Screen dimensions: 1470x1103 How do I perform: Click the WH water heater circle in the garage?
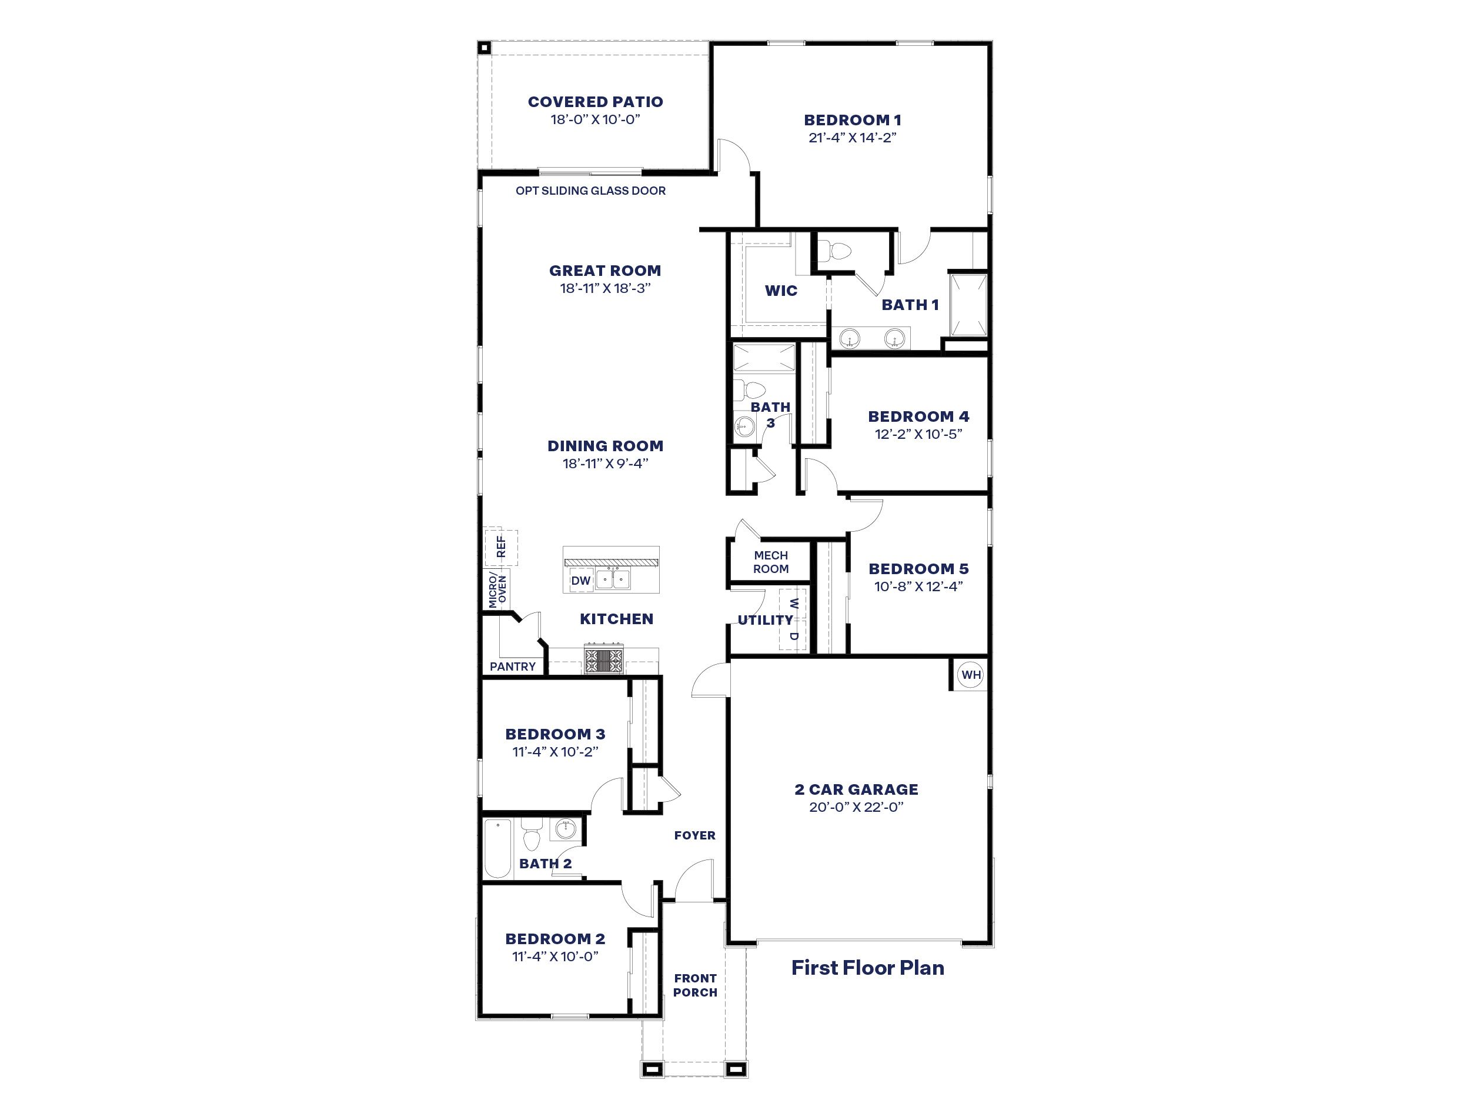click(x=971, y=675)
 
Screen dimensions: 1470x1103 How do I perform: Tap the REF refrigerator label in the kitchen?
click(x=501, y=547)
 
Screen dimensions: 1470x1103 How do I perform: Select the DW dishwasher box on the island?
click(x=581, y=581)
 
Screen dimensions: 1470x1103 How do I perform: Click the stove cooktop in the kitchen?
click(x=604, y=661)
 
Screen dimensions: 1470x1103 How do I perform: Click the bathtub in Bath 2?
click(x=498, y=848)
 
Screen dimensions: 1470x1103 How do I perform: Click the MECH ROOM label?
click(x=771, y=562)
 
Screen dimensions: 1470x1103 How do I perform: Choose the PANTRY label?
click(x=512, y=666)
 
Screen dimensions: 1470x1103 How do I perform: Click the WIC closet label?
click(x=781, y=291)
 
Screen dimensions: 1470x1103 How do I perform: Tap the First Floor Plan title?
click(x=867, y=967)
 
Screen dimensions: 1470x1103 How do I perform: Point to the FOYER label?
click(x=694, y=836)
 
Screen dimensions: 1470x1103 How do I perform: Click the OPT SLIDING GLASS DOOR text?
click(x=591, y=191)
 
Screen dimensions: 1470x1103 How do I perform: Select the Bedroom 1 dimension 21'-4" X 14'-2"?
click(x=853, y=138)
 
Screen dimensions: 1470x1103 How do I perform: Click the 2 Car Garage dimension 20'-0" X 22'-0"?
click(x=856, y=807)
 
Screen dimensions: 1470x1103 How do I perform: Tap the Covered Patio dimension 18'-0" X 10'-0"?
click(x=595, y=119)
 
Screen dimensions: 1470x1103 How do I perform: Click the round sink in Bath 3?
click(x=744, y=426)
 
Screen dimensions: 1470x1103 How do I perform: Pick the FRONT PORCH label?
click(x=695, y=985)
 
